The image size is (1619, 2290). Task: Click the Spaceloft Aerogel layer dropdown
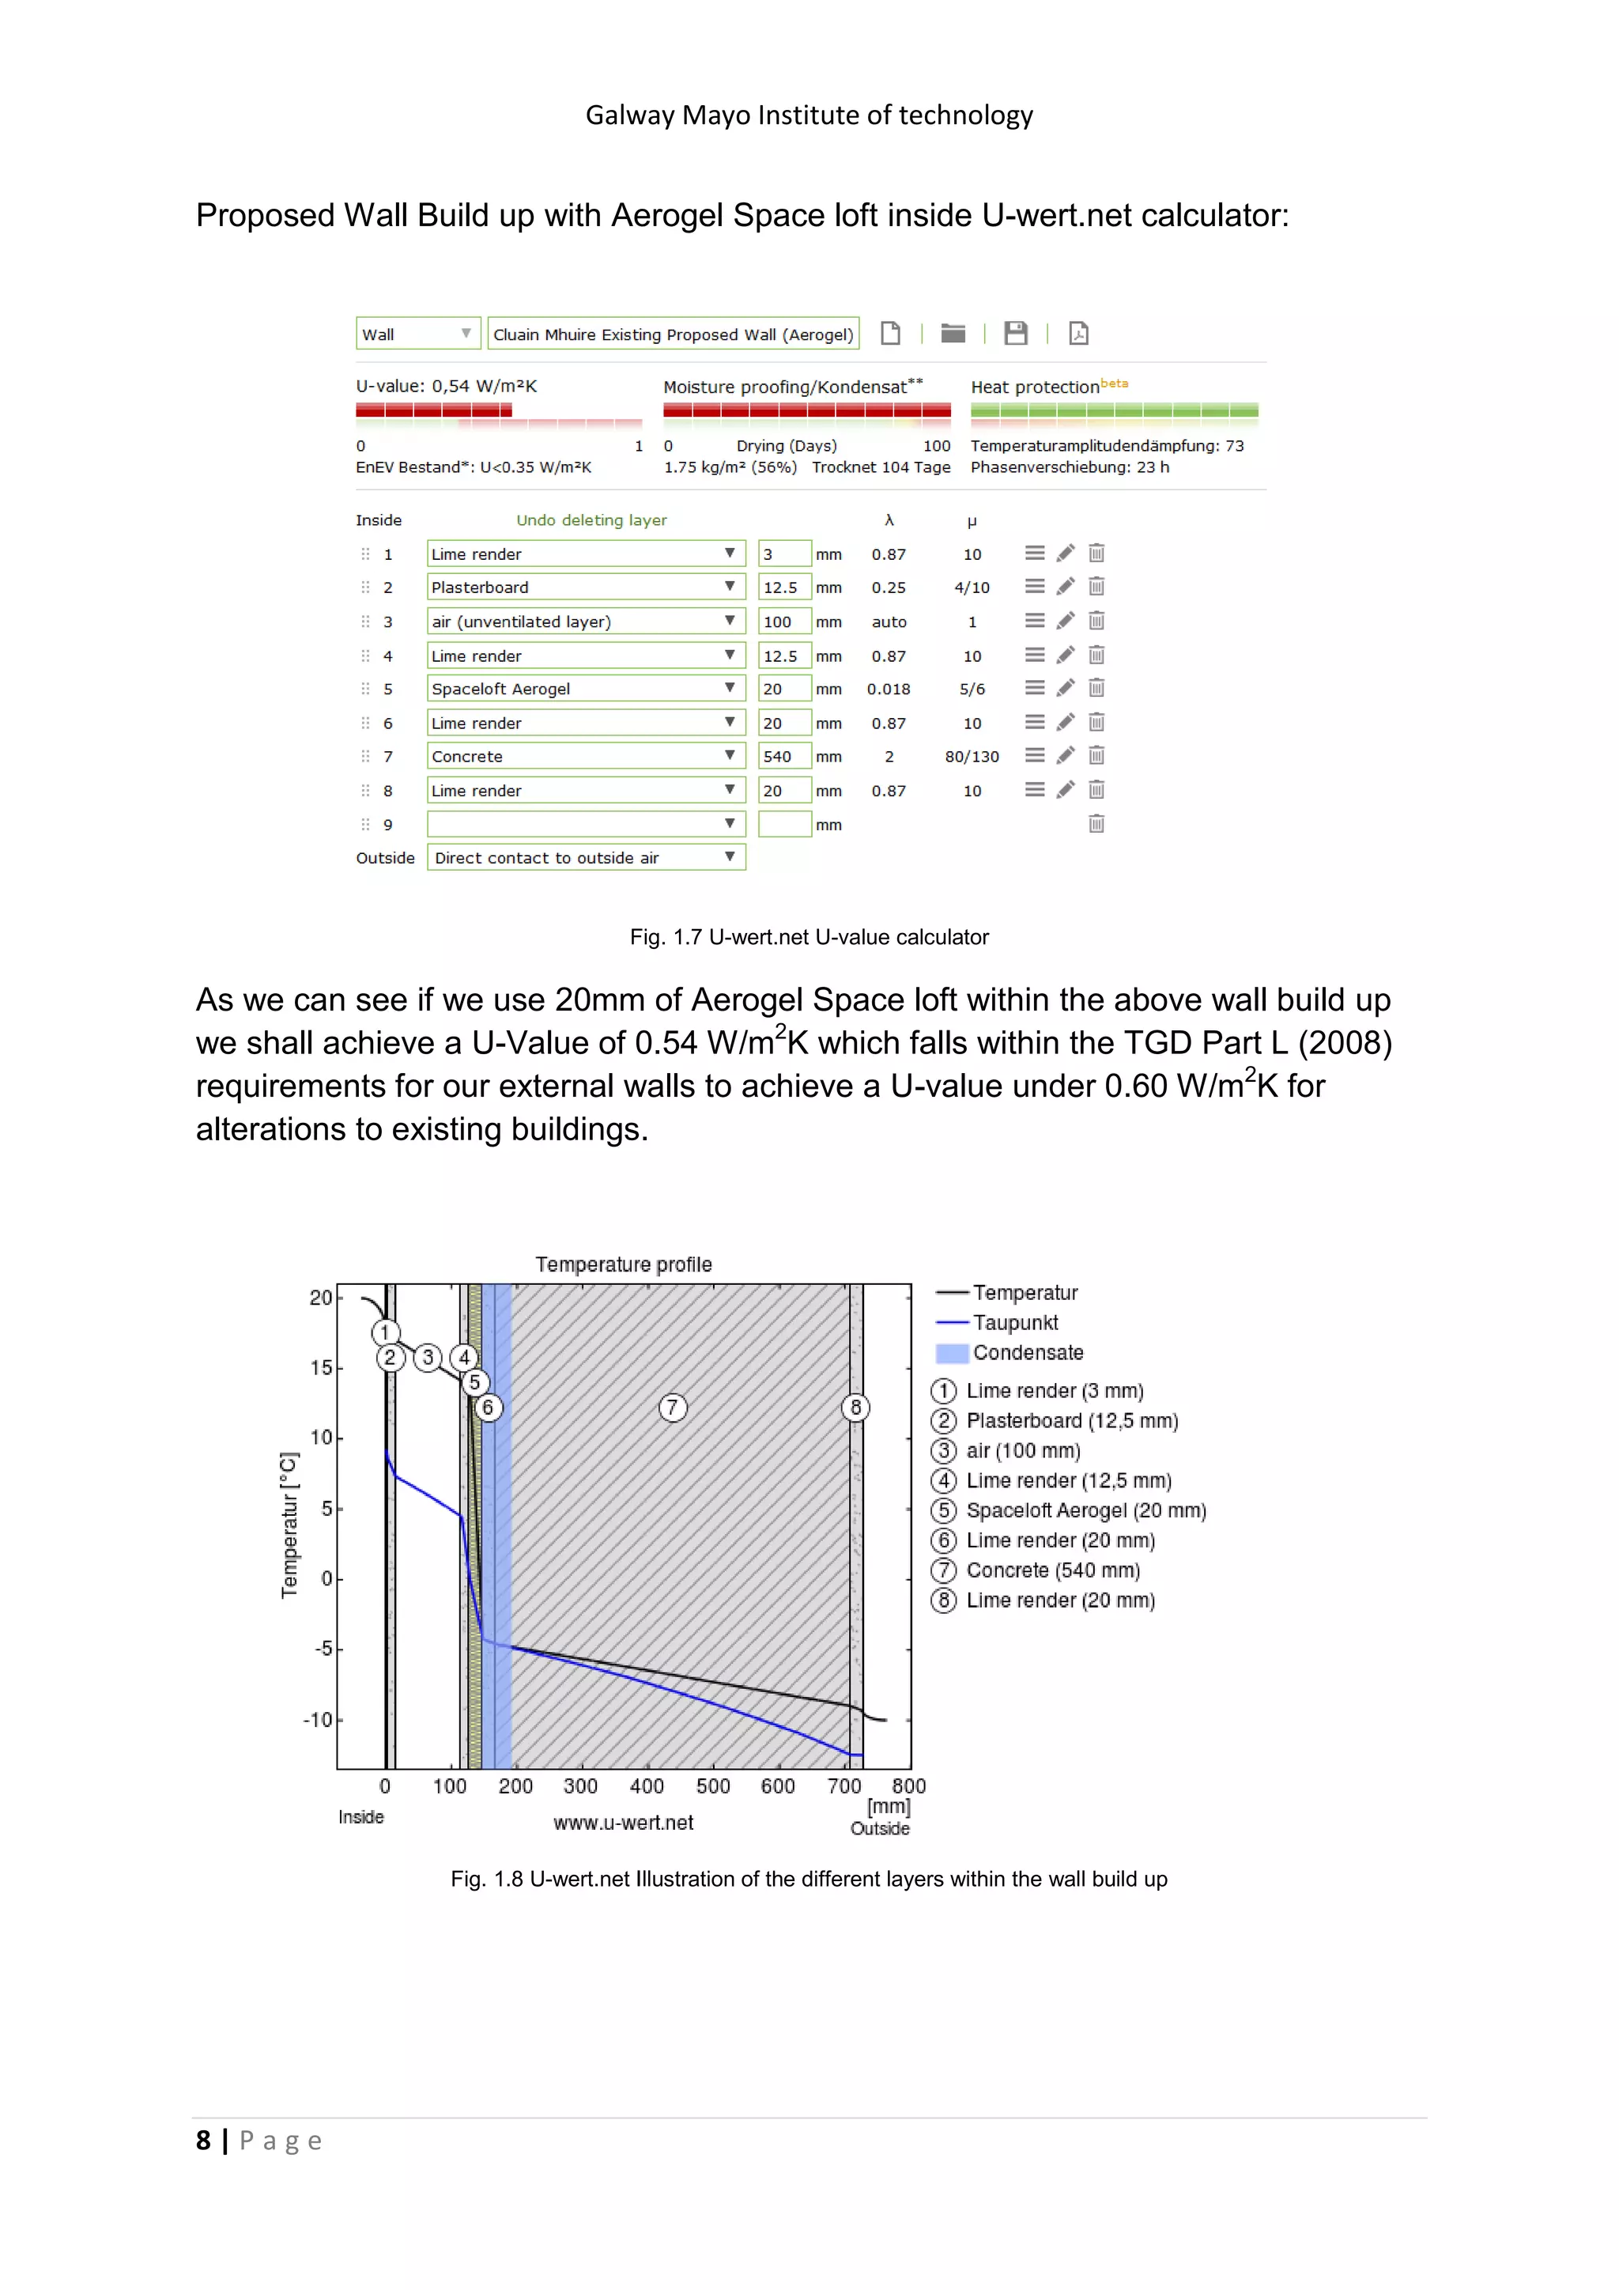(x=585, y=690)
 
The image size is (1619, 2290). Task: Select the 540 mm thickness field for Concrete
(x=783, y=756)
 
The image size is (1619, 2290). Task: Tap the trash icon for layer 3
(x=1096, y=622)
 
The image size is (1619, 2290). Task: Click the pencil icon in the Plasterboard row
(x=1065, y=587)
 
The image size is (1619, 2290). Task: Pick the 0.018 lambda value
(x=889, y=690)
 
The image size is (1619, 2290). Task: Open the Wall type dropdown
(x=417, y=334)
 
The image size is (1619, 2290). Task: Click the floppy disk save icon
(x=1015, y=333)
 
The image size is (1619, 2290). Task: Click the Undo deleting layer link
(x=591, y=520)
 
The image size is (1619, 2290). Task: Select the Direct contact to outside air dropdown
(x=585, y=858)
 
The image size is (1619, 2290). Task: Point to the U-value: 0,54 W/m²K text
(x=446, y=386)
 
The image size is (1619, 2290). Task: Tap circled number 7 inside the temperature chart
(x=673, y=1408)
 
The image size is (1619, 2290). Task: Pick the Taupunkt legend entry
(x=1015, y=1323)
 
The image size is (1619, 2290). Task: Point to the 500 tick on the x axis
(x=713, y=1786)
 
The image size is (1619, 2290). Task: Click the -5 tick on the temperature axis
(x=323, y=1649)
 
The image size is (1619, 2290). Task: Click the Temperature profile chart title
(x=623, y=1264)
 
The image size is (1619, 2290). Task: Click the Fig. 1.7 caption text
(x=809, y=938)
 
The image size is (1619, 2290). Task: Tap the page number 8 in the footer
(x=203, y=2141)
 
